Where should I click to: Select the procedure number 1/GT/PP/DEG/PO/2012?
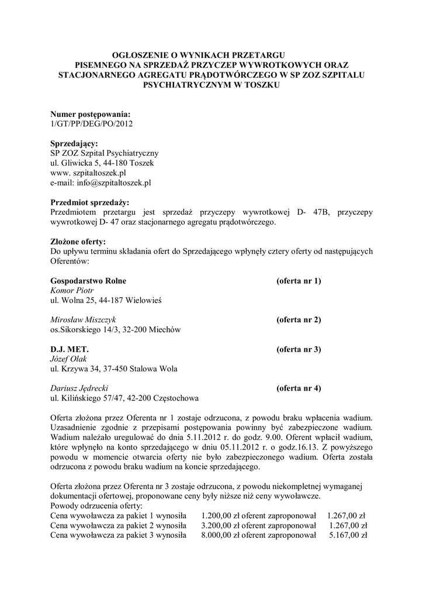[x=92, y=123]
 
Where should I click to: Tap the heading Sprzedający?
[x=74, y=143]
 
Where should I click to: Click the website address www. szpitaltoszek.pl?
[x=88, y=173]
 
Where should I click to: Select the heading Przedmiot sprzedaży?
[x=89, y=202]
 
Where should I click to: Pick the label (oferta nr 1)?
[x=299, y=280]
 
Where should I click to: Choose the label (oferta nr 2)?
[x=299, y=320]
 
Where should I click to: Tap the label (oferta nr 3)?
[x=299, y=350]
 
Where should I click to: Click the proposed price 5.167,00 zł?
[x=348, y=535]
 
